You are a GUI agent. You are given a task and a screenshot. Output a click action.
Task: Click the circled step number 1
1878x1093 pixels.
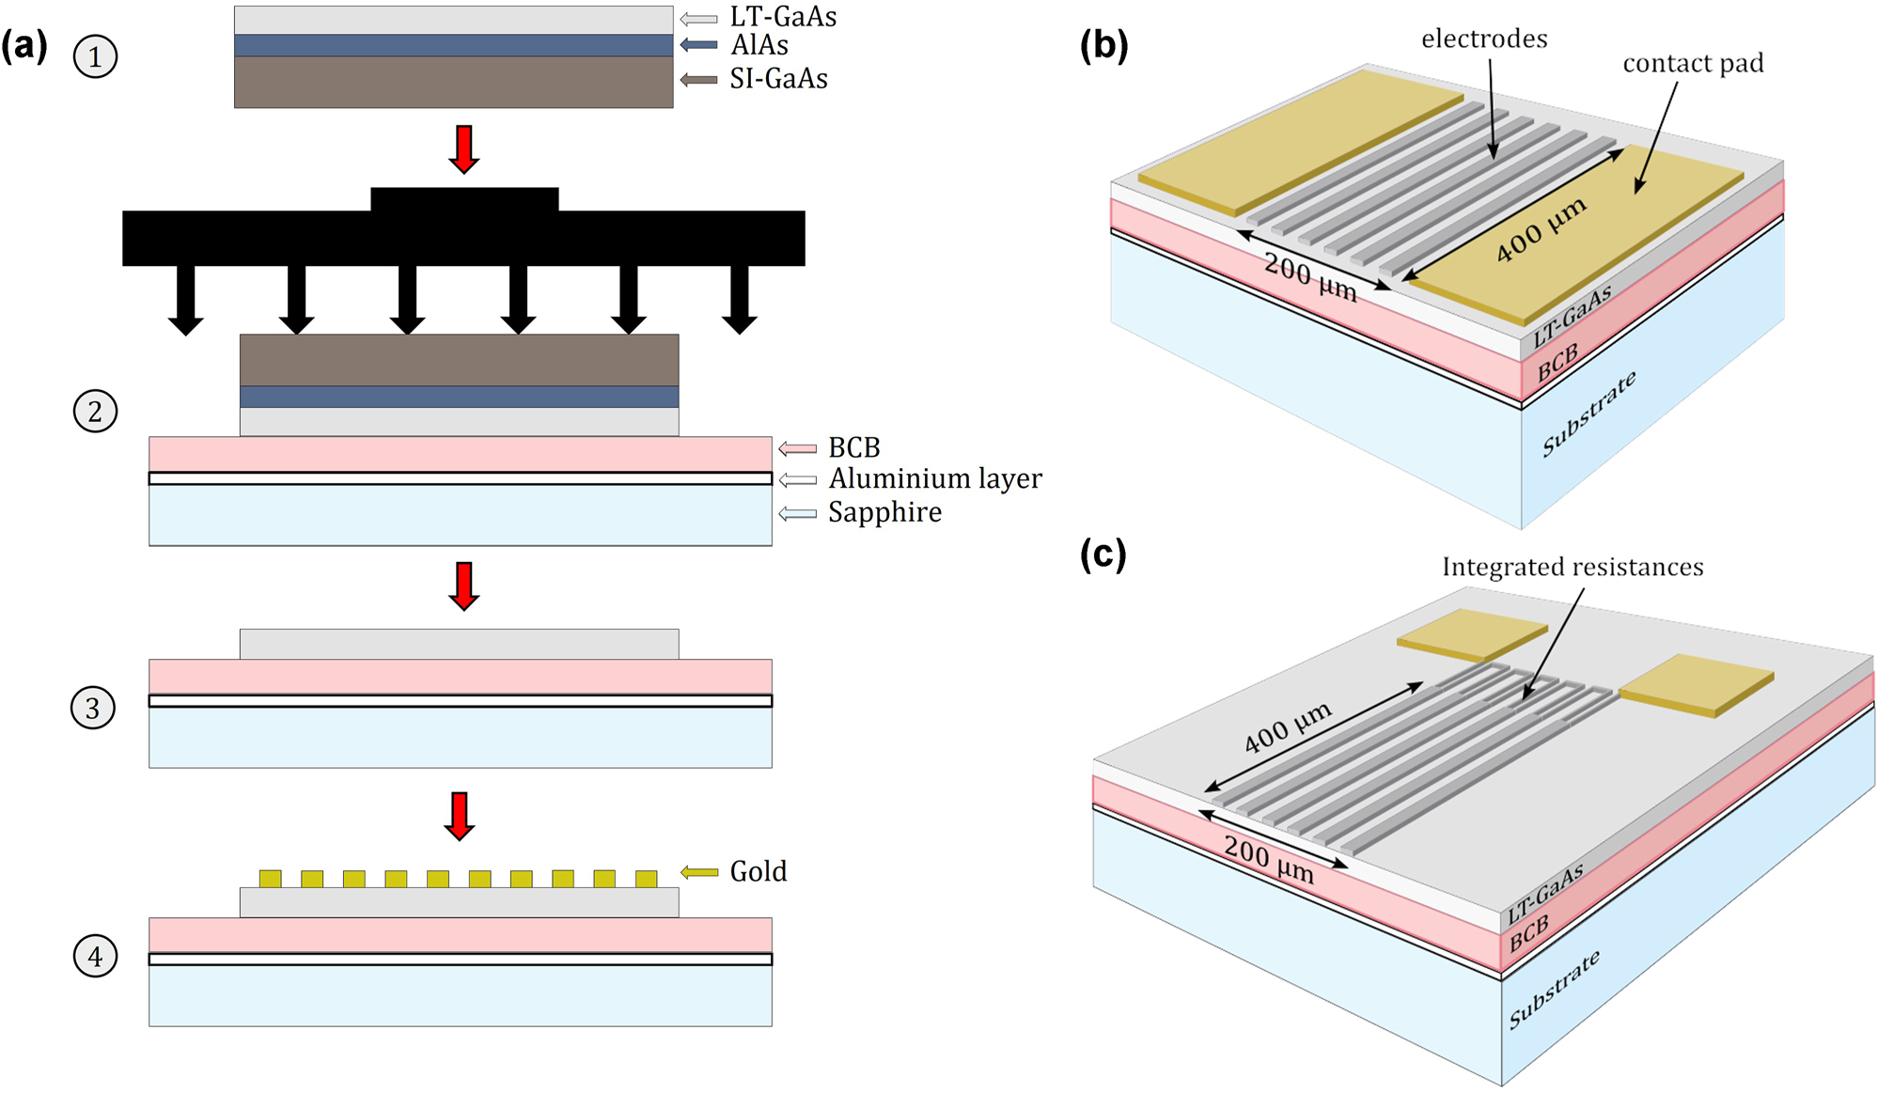[x=95, y=56]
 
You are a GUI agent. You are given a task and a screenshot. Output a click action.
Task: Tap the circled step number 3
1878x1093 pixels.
[x=93, y=708]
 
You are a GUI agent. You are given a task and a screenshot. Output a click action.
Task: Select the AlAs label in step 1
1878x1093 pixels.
[x=759, y=45]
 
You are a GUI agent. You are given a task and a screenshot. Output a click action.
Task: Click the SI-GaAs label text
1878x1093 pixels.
[x=778, y=79]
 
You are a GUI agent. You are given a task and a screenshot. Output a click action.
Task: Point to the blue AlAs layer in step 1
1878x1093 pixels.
[x=453, y=45]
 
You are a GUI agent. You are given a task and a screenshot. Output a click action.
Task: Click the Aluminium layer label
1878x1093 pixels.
[x=934, y=479]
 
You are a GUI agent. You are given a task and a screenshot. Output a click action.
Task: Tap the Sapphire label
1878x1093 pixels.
[x=884, y=512]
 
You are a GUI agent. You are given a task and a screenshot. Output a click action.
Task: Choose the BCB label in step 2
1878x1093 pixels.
[x=853, y=447]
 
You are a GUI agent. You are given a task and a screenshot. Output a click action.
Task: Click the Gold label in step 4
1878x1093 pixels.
[x=758, y=872]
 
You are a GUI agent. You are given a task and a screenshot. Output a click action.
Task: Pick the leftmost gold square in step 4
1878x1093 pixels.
[x=271, y=879]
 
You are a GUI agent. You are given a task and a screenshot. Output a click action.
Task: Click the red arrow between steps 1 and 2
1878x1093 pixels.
[x=464, y=148]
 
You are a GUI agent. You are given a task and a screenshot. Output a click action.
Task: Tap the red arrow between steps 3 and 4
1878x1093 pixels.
[x=460, y=815]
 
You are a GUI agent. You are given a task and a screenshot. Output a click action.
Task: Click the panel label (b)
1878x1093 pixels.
[x=1103, y=44]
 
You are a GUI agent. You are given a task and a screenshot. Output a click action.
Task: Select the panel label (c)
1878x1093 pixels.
[x=1103, y=554]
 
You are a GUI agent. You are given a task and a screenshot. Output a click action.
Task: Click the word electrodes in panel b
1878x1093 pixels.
[x=1484, y=39]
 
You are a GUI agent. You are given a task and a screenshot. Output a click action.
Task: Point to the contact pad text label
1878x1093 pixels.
[x=1693, y=63]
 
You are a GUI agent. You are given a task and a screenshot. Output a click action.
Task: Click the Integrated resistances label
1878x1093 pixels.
[x=1573, y=567]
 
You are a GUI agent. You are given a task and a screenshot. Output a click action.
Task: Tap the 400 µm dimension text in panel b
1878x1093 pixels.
[x=1541, y=230]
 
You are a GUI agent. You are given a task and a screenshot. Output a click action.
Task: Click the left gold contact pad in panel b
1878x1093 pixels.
[x=1297, y=141]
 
